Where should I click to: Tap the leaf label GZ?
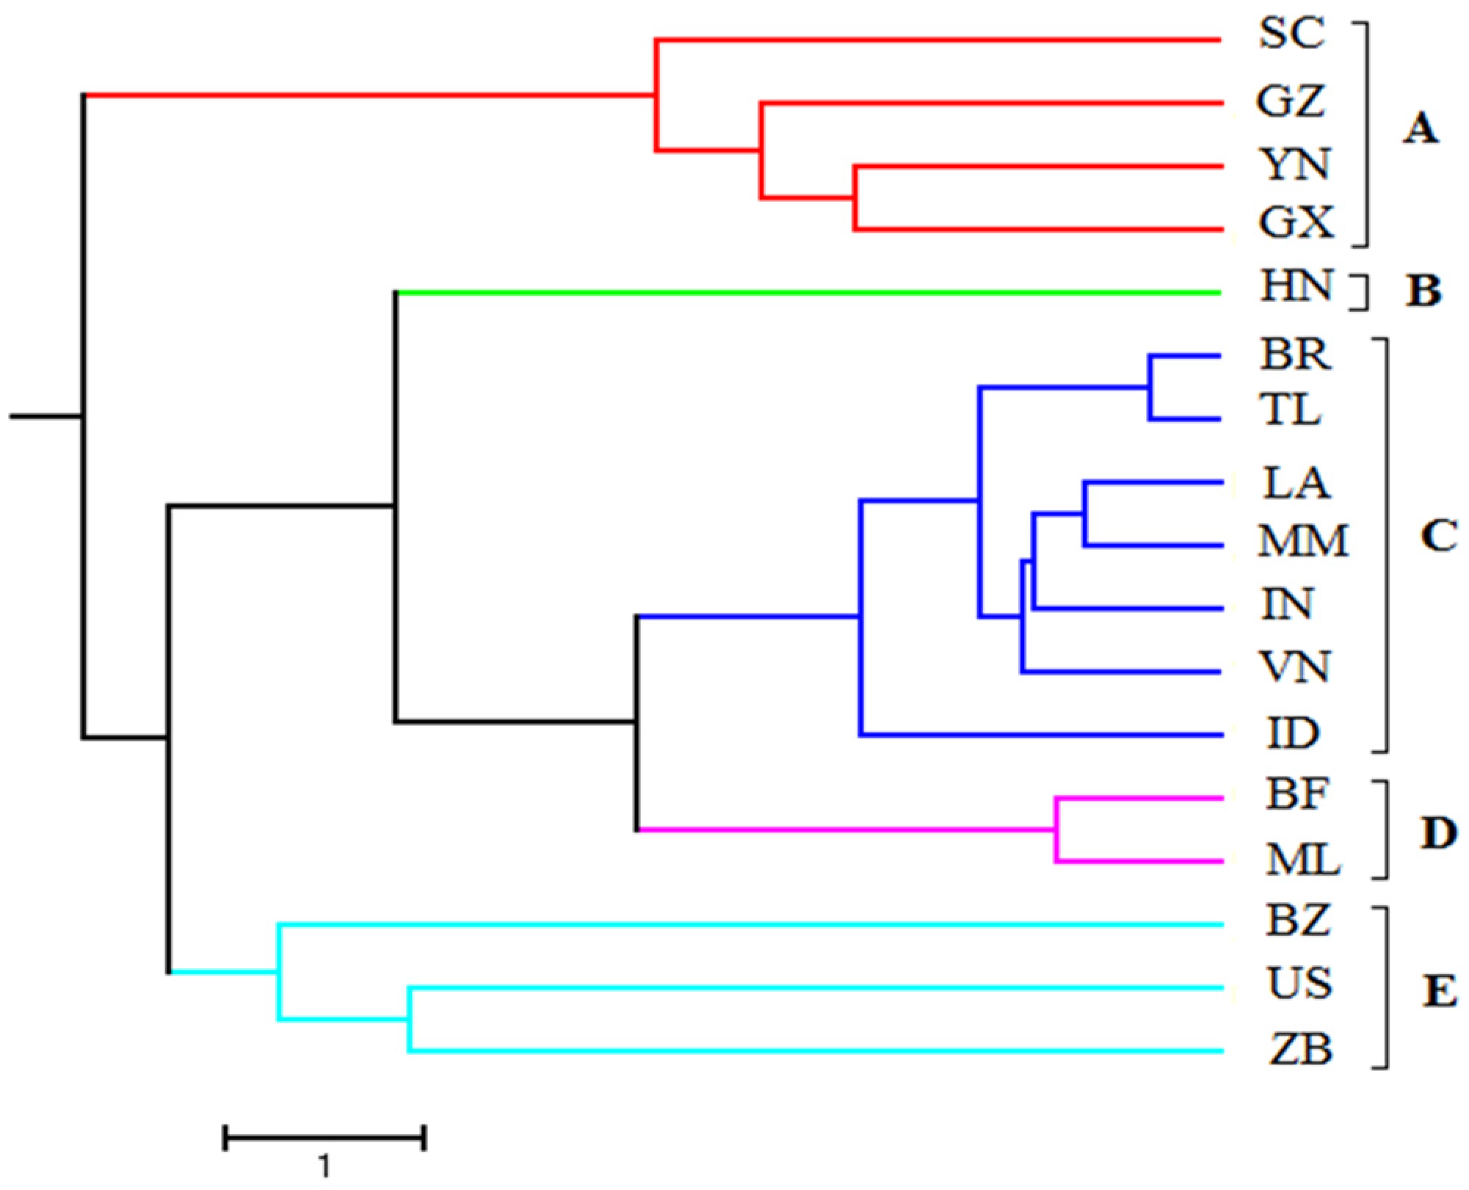click(1291, 101)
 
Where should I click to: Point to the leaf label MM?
click(1303, 542)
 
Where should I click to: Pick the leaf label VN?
click(1294, 667)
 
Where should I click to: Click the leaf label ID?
click(1293, 733)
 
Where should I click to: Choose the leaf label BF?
click(1297, 794)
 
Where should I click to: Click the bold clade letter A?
click(1421, 130)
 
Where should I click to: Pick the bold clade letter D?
click(1438, 834)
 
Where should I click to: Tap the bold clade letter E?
click(1440, 993)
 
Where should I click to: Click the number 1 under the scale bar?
click(324, 1165)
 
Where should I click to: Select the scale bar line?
click(324, 1139)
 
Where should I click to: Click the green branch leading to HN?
click(808, 293)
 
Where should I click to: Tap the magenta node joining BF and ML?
click(1056, 830)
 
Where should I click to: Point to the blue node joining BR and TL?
click(1150, 388)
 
